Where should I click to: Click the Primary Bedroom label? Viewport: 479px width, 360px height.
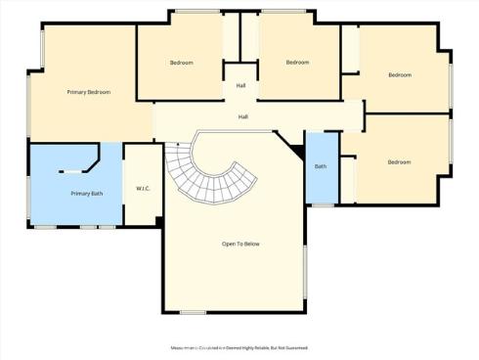88,92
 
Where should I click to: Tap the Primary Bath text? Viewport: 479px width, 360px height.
87,194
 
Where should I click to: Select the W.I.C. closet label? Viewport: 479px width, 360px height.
142,188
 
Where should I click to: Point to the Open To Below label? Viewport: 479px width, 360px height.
240,244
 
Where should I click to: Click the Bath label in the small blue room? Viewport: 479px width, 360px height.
321,166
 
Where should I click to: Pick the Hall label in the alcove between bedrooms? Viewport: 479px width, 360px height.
240,85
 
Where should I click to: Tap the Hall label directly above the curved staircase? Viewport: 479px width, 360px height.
242,117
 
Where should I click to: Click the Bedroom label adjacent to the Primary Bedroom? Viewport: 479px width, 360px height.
182,63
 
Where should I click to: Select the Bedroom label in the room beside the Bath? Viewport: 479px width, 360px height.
399,162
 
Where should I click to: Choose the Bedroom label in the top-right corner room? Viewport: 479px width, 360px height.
399,75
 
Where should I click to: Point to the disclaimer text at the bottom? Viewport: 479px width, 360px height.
239,347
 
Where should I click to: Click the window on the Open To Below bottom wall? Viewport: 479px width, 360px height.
193,313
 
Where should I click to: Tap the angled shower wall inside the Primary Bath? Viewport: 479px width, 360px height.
96,158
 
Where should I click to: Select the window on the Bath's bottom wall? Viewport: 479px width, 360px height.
323,204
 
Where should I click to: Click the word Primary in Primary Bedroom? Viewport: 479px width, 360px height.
76,92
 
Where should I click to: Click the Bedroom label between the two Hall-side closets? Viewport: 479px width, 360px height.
298,63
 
